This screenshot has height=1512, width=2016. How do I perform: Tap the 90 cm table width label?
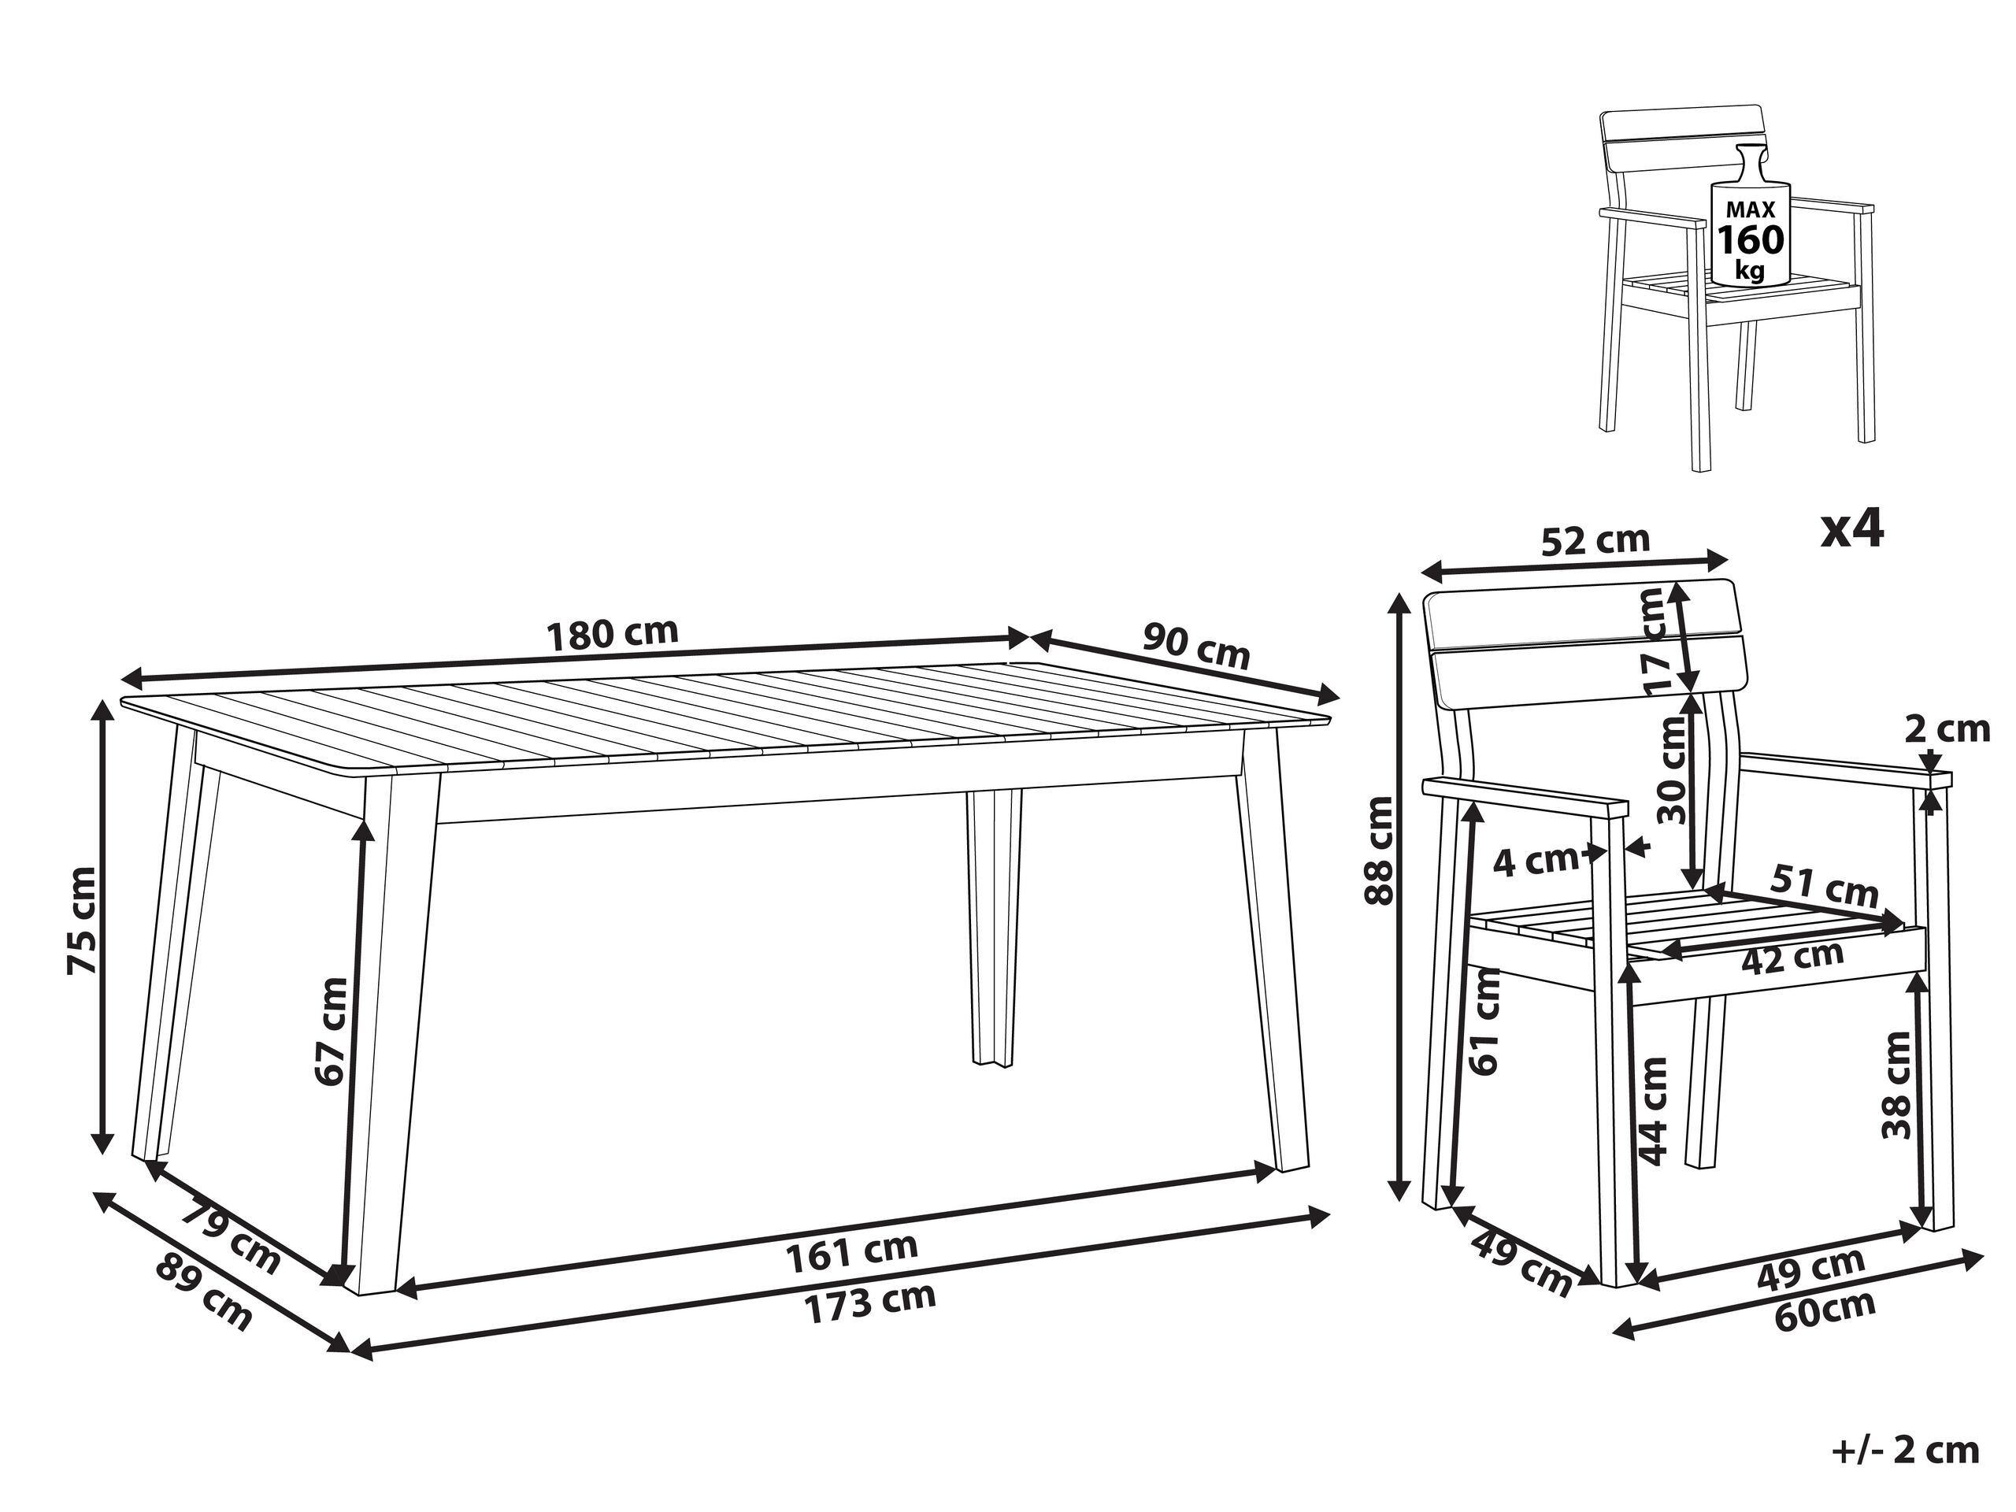click(x=1195, y=644)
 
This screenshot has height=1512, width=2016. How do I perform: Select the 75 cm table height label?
click(x=81, y=921)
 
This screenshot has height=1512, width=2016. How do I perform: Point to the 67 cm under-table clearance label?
click(x=331, y=1031)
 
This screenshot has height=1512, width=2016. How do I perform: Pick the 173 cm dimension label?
click(x=869, y=1303)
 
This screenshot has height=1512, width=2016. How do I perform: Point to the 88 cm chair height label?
click(x=1378, y=850)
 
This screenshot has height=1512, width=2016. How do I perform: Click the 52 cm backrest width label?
click(x=1595, y=540)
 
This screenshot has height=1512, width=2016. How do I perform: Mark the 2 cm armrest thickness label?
click(x=1947, y=729)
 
